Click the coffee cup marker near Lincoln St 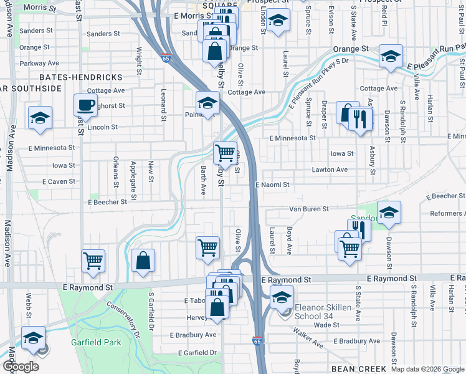85,105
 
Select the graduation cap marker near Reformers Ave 389,213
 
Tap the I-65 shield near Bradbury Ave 257,341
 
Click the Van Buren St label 308,209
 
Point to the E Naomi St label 272,185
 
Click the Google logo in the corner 21,367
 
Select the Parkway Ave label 39,63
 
